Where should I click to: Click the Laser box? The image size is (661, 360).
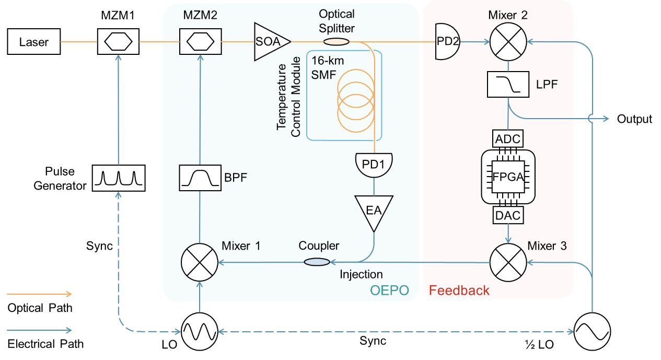(33, 42)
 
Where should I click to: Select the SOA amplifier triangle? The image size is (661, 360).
(270, 41)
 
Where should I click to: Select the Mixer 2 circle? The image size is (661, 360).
(508, 41)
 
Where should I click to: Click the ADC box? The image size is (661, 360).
(508, 138)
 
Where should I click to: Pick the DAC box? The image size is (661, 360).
(508, 215)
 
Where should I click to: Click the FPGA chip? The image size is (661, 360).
(508, 177)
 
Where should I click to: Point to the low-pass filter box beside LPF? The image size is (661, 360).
(508, 85)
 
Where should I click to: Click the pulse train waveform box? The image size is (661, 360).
(118, 178)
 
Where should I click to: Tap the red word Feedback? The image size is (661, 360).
(459, 291)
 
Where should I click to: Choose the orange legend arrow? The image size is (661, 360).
(39, 294)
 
